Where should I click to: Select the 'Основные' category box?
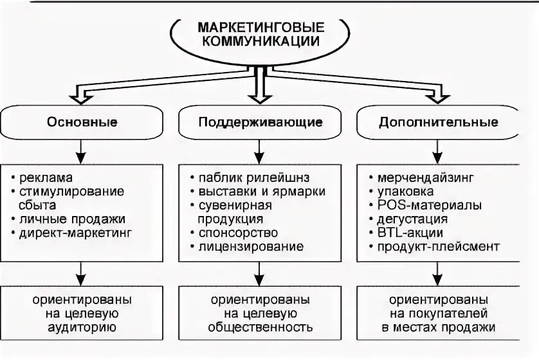[81, 122]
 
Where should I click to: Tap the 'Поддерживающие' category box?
[260, 122]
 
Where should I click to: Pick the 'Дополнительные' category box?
[439, 122]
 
